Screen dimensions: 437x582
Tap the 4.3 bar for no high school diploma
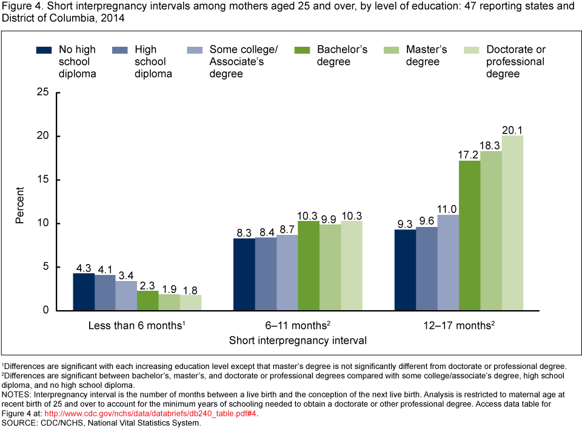tap(84, 292)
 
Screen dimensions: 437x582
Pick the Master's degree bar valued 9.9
tap(330, 268)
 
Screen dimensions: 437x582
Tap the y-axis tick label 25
tap(42, 92)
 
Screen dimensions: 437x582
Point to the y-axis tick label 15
tap(42, 180)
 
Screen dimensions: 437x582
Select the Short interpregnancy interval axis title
tap(298, 340)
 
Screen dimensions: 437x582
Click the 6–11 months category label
tap(297, 325)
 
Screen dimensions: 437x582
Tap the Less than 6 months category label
tap(136, 325)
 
